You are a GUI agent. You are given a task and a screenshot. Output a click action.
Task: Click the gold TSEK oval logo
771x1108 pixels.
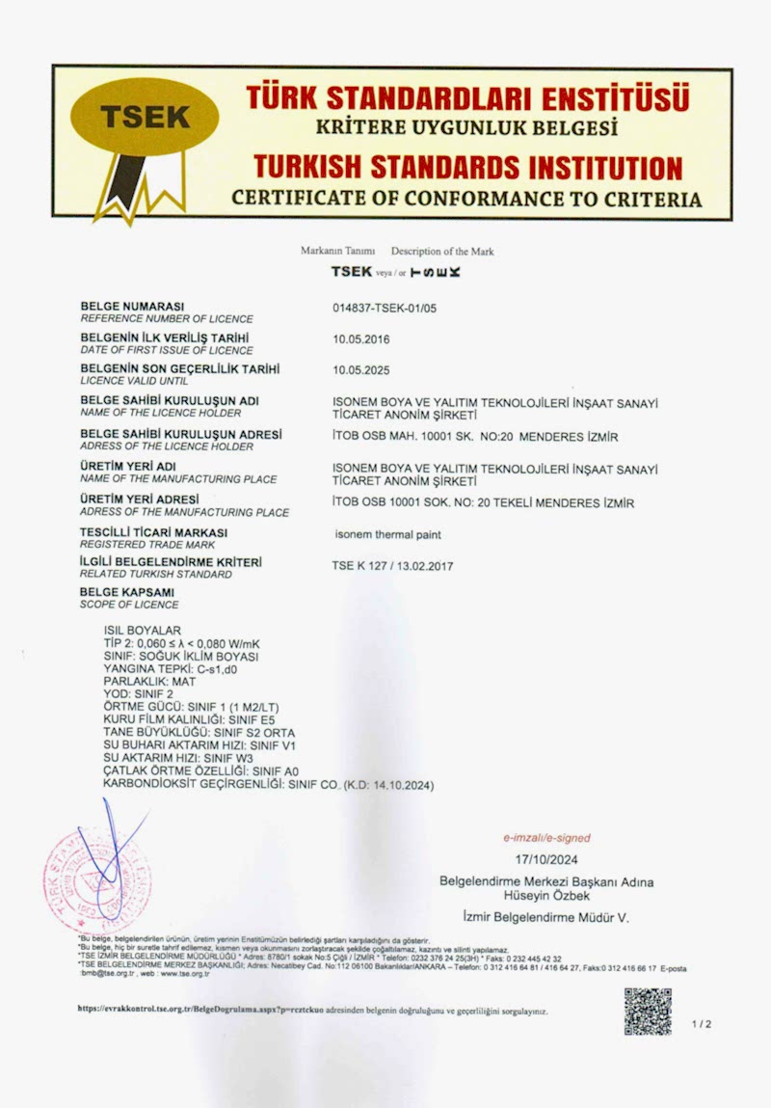tap(146, 117)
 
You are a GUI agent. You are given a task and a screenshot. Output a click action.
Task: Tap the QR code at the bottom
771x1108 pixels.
tap(647, 1012)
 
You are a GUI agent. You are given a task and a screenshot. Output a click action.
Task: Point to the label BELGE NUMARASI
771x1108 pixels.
tap(131, 307)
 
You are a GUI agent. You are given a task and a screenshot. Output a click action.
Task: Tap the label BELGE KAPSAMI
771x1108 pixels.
tap(127, 592)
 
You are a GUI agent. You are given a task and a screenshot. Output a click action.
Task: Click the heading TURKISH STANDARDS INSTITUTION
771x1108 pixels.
tap(465, 168)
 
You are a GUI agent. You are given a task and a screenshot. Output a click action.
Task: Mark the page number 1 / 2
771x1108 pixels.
tap(701, 1024)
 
